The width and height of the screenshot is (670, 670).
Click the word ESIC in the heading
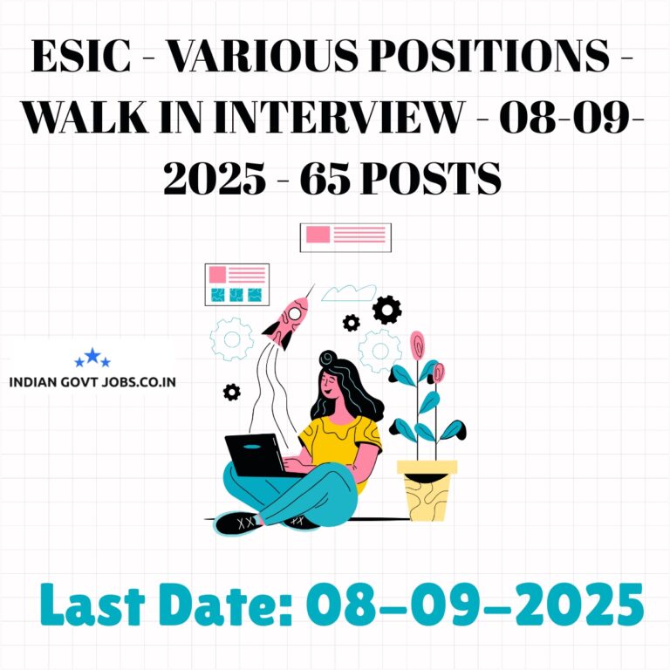pyautogui.click(x=81, y=56)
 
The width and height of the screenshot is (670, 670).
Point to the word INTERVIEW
pyautogui.click(x=338, y=117)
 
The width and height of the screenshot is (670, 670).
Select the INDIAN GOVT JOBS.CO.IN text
pyautogui.click(x=92, y=382)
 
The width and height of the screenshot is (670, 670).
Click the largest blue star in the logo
pyautogui.click(x=92, y=356)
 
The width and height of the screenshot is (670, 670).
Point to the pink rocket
pyautogui.click(x=286, y=321)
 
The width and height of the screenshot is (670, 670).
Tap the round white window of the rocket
pyautogui.click(x=294, y=314)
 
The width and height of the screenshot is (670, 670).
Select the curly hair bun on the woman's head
pyautogui.click(x=328, y=359)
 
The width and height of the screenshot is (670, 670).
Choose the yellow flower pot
pyautogui.click(x=427, y=490)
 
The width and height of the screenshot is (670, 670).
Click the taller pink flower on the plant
pyautogui.click(x=418, y=345)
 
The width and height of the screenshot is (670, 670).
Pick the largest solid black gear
pyautogui.click(x=387, y=310)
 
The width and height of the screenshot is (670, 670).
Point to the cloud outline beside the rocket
pyautogui.click(x=348, y=293)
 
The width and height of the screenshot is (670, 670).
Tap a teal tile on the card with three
pyautogui.click(x=236, y=295)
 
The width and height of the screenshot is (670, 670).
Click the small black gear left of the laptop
pyautogui.click(x=231, y=393)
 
